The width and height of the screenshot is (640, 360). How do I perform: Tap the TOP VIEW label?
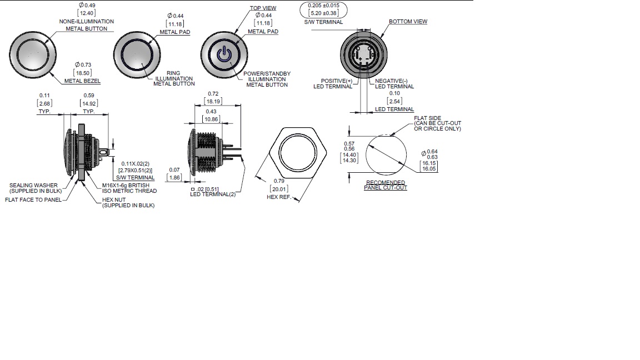coord(263,8)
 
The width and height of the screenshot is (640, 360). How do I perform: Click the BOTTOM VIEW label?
coord(408,22)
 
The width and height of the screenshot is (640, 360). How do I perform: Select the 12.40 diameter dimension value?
coord(86,13)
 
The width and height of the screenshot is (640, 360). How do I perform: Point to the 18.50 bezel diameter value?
coord(82,73)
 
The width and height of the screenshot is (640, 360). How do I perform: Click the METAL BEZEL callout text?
coord(82,81)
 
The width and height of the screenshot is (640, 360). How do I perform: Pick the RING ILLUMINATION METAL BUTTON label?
coord(174,78)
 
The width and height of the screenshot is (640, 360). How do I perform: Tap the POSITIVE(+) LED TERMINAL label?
coord(337,83)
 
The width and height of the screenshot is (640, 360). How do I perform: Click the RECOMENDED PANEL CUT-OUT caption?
coord(386,185)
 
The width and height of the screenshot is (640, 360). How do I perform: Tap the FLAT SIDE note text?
coord(437,123)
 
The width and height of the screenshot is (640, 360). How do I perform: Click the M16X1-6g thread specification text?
coord(129,188)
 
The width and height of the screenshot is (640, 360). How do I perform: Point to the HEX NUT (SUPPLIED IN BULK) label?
coord(128,202)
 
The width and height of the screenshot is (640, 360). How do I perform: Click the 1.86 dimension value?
coord(174,177)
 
